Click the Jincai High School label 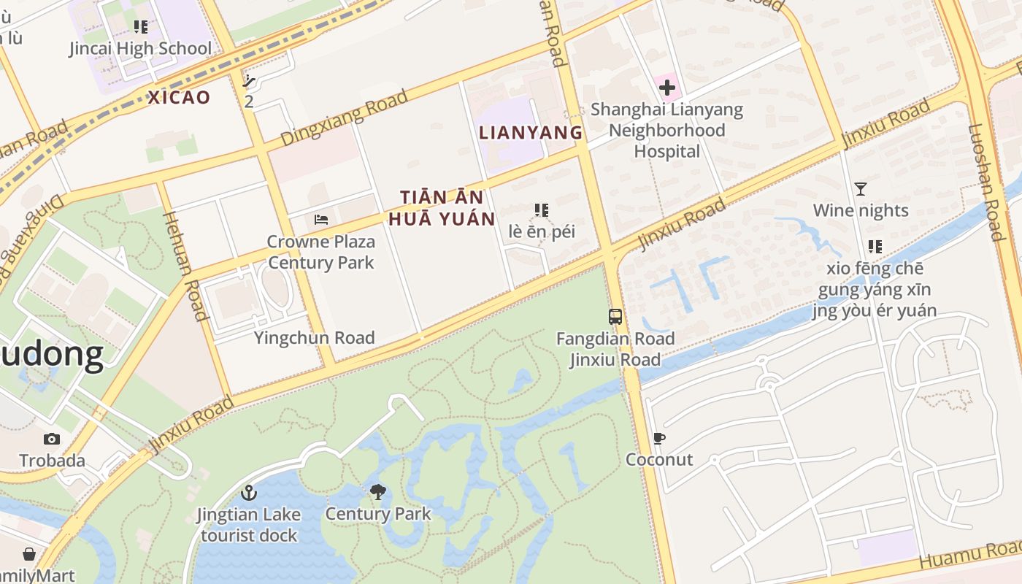click(140, 49)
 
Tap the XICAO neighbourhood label click(179, 97)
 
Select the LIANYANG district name click(531, 132)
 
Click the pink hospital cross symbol click(666, 88)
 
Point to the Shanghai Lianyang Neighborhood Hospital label click(666, 131)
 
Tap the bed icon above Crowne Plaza click(320, 219)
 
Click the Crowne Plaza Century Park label click(320, 252)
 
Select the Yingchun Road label click(314, 337)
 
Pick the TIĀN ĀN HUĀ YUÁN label click(442, 207)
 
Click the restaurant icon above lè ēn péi click(541, 210)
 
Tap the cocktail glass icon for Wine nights click(861, 189)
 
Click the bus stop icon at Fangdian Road click(615, 317)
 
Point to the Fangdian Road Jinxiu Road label click(615, 349)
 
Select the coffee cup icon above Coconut click(659, 439)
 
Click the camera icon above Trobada click(51, 439)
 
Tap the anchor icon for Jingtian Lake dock click(249, 493)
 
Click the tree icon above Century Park click(377, 492)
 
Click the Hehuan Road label click(183, 266)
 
